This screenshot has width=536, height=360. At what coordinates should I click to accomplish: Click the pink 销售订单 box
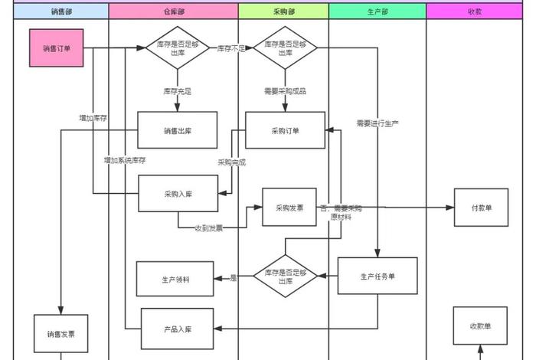(x=56, y=47)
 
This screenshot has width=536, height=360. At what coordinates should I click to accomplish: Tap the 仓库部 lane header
(x=173, y=11)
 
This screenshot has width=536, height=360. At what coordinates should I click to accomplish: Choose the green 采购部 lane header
(x=283, y=11)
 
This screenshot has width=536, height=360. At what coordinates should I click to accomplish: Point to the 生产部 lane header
(x=377, y=11)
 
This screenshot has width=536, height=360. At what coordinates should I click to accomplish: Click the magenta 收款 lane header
(x=474, y=11)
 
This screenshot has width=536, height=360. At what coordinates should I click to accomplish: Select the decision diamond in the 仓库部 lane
(x=177, y=48)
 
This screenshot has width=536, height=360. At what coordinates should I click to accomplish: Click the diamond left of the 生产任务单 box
(x=285, y=276)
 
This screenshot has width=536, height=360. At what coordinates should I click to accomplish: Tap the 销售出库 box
(x=177, y=130)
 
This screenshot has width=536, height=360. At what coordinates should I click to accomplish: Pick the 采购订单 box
(x=285, y=130)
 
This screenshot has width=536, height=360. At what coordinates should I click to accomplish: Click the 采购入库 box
(x=178, y=194)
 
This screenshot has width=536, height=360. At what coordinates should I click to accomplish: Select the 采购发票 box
(x=289, y=207)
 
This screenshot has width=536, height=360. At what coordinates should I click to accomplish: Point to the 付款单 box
(x=480, y=208)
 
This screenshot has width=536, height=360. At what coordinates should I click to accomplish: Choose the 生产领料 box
(x=175, y=279)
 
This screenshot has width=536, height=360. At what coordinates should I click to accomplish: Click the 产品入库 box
(x=178, y=329)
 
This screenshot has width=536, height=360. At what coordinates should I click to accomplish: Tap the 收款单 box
(x=480, y=326)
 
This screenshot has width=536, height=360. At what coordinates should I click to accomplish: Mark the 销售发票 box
(x=60, y=334)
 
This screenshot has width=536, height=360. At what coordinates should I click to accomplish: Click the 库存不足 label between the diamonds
(x=230, y=48)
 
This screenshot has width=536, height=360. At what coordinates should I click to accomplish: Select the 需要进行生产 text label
(x=377, y=123)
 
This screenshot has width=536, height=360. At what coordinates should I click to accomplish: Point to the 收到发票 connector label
(x=208, y=227)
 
